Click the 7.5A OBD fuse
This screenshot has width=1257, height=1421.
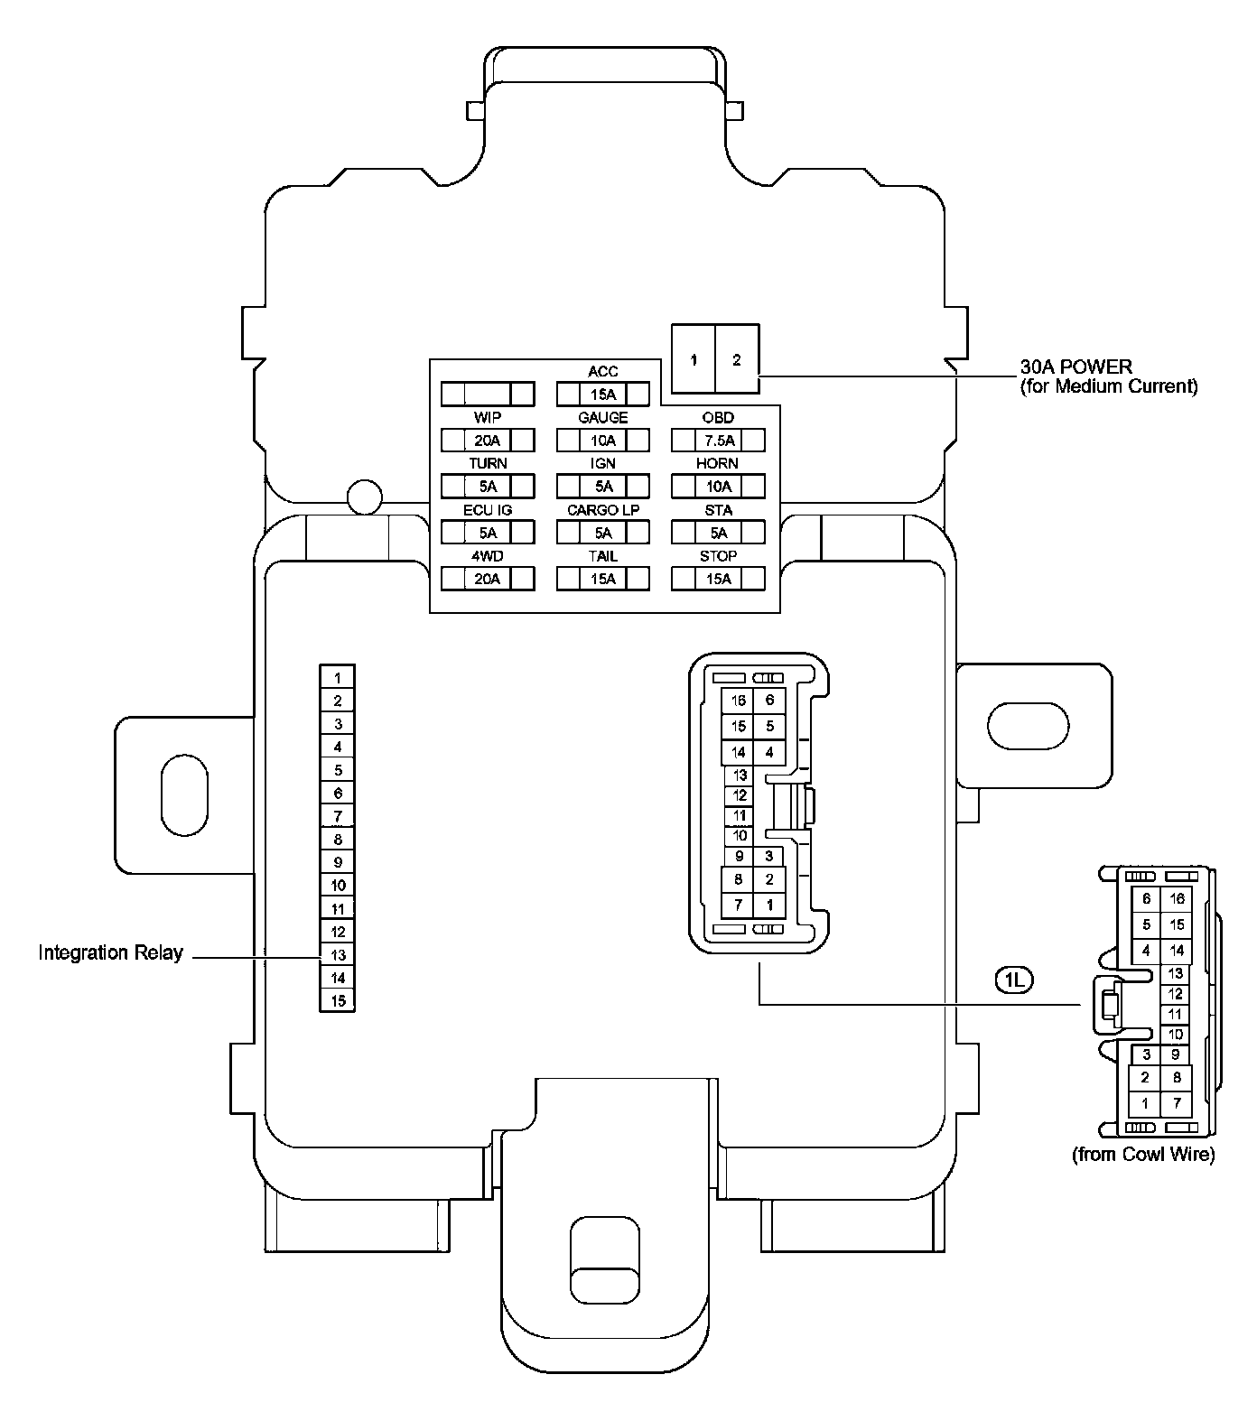(718, 441)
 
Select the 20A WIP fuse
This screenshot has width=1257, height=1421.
(488, 441)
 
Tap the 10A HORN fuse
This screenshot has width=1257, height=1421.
(718, 487)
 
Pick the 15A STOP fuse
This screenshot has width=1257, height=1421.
(718, 579)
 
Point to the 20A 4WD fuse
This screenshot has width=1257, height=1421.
(488, 579)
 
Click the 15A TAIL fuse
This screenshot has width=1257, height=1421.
(602, 579)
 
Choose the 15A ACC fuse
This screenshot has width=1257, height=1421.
(602, 395)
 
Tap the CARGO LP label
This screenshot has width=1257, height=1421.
(602, 510)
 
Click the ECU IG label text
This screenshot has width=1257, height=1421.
(488, 510)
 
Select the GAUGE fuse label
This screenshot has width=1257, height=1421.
(602, 418)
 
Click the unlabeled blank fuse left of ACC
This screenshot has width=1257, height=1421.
(488, 395)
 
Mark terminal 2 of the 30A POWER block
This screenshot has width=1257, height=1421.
(737, 360)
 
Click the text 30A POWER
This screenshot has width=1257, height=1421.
(1075, 367)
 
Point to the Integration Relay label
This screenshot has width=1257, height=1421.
(110, 952)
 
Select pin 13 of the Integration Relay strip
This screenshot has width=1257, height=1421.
(338, 955)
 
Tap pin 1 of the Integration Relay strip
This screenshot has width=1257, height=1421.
(338, 678)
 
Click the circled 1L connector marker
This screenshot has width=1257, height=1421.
(1013, 980)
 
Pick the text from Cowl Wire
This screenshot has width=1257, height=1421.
(1142, 1154)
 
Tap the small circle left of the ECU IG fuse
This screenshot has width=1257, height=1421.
(365, 496)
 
